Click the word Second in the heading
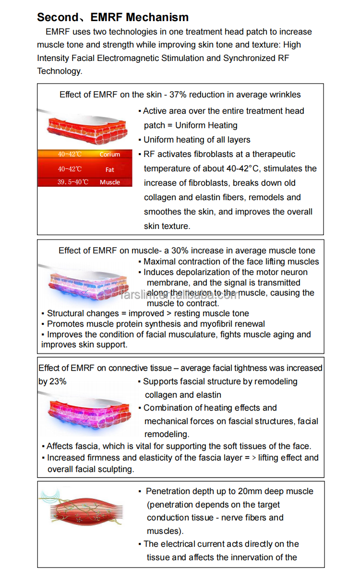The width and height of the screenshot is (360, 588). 57,17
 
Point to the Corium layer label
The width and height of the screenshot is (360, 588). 109,155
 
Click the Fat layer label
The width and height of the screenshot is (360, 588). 110,169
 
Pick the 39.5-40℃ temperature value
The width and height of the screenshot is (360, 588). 73,182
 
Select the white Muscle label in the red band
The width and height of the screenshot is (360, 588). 110,182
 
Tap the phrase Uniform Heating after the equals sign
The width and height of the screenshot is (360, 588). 206,125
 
